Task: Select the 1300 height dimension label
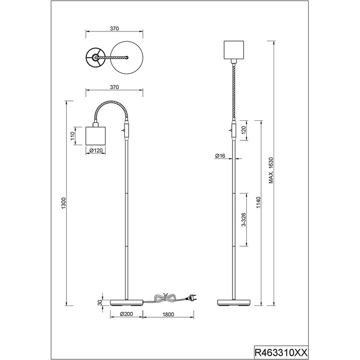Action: pos(64,203)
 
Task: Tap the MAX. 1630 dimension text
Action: pos(271,170)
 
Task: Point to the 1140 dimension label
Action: pos(259,203)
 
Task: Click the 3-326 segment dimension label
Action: pos(244,220)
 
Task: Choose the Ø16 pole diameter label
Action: pos(220,156)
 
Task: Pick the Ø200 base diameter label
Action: pos(127,314)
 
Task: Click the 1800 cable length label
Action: pos(168,314)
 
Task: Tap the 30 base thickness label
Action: pos(100,303)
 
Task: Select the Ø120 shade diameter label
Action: pos(96,150)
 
